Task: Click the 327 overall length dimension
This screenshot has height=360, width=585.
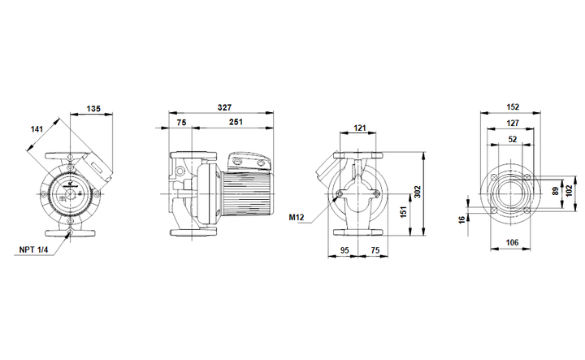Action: pos(224,107)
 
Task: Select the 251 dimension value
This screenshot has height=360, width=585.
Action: pos(236,122)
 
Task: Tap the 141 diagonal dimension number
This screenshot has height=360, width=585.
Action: pos(37,129)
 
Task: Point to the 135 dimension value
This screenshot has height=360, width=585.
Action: pos(93,109)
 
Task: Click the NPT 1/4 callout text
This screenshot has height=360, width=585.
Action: pos(33,250)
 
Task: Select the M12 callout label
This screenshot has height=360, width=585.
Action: pos(297,218)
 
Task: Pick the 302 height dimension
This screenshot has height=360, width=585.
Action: pos(418,192)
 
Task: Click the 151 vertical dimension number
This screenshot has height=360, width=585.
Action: pos(403,212)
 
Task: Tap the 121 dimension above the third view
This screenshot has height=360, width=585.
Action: pos(360,128)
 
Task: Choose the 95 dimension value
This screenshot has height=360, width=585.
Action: pos(344,250)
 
